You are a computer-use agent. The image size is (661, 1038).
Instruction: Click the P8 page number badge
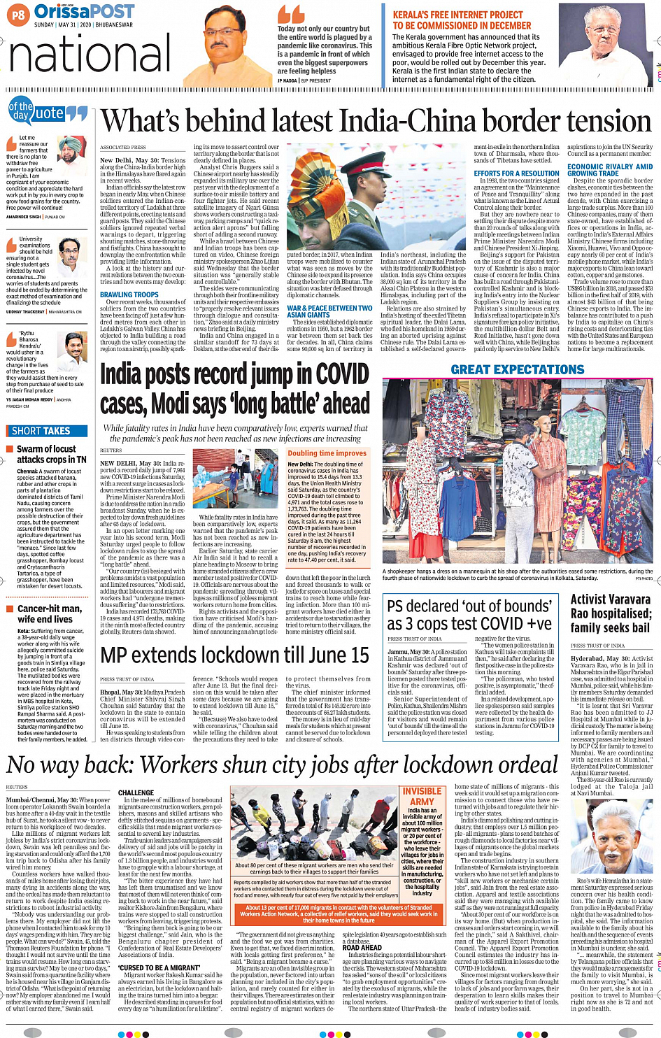click(x=17, y=14)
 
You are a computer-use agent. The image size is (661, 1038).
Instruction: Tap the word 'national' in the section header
click(x=90, y=55)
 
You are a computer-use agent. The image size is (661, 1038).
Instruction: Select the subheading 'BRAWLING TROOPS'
click(x=129, y=295)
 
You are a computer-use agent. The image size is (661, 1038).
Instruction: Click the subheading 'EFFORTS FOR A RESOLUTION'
click(x=516, y=173)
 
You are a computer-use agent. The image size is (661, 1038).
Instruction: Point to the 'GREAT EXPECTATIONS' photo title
click(x=517, y=369)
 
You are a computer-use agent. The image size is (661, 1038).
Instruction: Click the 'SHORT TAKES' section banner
click(x=41, y=431)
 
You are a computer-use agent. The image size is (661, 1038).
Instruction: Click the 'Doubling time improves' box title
click(x=327, y=453)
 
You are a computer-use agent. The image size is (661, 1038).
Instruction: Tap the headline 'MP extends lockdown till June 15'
click(x=234, y=655)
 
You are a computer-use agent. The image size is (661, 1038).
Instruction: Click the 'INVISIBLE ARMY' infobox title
click(x=422, y=796)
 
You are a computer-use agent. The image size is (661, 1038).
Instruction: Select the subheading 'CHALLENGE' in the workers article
click(x=136, y=793)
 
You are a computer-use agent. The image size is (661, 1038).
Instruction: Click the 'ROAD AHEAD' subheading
click(x=362, y=948)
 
